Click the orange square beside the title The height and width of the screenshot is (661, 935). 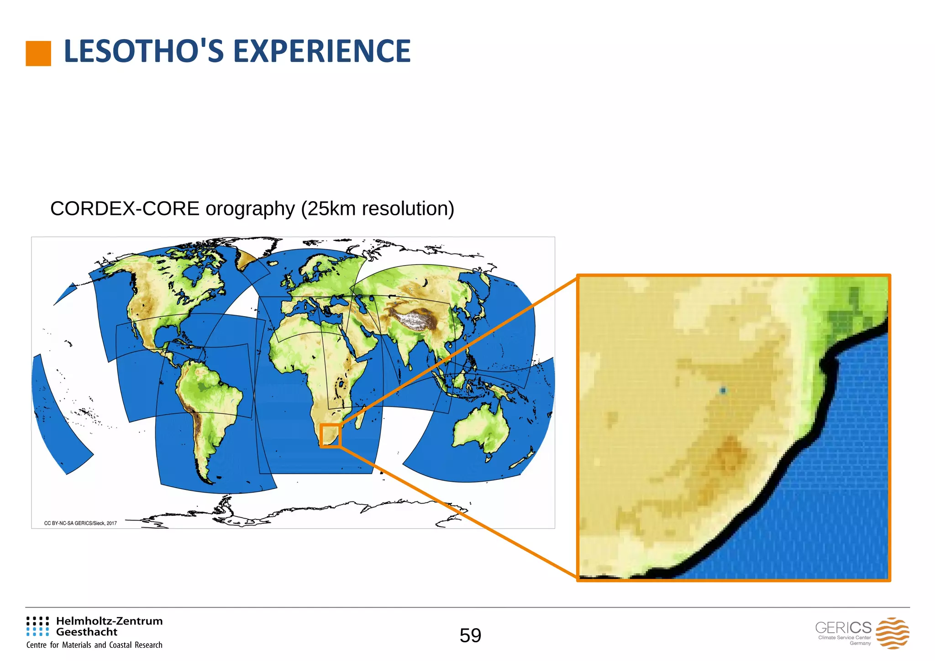38,53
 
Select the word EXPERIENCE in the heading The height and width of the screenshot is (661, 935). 322,51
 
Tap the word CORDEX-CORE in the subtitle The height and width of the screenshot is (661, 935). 125,209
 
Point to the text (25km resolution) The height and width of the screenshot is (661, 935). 378,209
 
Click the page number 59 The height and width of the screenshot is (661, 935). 470,635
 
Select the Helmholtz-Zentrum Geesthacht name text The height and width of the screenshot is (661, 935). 109,626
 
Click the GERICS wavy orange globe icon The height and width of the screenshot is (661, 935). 892,633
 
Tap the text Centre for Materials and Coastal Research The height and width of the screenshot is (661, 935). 95,645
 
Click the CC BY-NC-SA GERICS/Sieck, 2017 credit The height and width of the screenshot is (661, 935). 80,523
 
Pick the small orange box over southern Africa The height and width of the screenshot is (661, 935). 330,436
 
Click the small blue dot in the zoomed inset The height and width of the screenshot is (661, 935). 723,390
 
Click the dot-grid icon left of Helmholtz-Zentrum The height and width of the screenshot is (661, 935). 37,626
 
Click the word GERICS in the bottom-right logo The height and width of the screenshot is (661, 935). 843,628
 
